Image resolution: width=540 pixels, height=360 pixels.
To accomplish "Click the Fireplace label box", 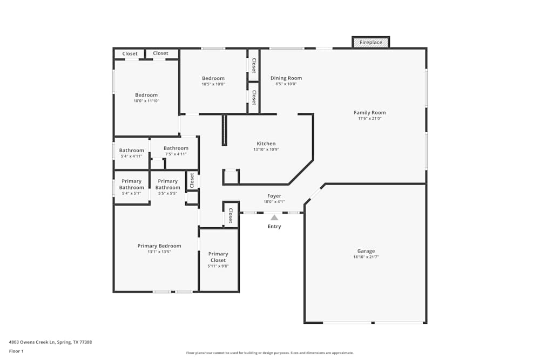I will [370, 42].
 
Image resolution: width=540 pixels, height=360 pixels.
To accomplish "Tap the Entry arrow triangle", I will [274, 218].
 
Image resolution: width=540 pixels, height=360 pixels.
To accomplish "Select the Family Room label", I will [369, 113].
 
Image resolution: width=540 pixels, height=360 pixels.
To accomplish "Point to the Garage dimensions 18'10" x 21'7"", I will [366, 257].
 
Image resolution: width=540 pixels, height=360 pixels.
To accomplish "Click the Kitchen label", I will [266, 144].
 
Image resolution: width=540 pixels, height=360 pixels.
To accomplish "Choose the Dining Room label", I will [286, 78].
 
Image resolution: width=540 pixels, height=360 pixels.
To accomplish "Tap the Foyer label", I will [274, 196].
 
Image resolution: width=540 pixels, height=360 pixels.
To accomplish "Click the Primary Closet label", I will [218, 257].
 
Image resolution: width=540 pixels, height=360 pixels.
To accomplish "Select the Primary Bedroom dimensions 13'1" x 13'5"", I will [159, 252].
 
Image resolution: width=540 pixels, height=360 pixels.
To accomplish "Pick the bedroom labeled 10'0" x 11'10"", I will [146, 98].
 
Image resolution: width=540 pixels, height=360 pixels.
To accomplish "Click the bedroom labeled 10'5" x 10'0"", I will [213, 81].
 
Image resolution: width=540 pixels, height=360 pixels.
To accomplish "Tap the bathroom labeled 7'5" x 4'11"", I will [176, 151].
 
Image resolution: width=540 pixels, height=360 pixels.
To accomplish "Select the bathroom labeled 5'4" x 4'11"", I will [131, 153].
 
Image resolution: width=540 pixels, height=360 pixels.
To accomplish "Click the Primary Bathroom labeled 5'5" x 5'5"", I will [167, 187].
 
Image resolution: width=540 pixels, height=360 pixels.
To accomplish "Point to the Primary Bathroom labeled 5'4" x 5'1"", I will [131, 187].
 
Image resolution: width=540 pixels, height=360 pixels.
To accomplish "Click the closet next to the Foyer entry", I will [231, 215].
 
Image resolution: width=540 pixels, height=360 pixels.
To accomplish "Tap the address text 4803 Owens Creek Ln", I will [50, 342].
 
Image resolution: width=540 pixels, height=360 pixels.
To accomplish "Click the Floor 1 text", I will [16, 351].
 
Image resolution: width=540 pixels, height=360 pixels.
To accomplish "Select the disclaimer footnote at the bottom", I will [269, 353].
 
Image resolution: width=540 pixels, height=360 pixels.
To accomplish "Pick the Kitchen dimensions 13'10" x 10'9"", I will [266, 150].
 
